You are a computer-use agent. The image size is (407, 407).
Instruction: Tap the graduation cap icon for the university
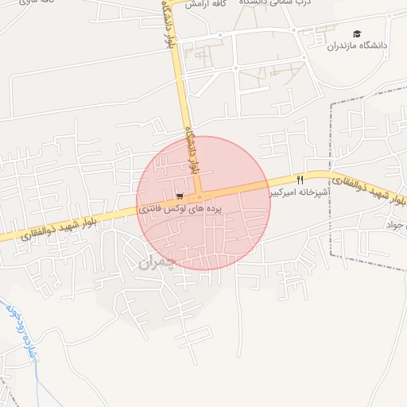click(x=357, y=34)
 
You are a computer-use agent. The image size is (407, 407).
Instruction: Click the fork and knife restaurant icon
click(x=300, y=180)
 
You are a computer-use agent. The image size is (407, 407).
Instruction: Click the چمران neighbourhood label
click(x=156, y=262)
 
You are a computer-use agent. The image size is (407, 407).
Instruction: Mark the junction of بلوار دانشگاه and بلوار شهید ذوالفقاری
click(x=197, y=196)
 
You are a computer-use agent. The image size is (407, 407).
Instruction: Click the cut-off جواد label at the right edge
click(x=395, y=226)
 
